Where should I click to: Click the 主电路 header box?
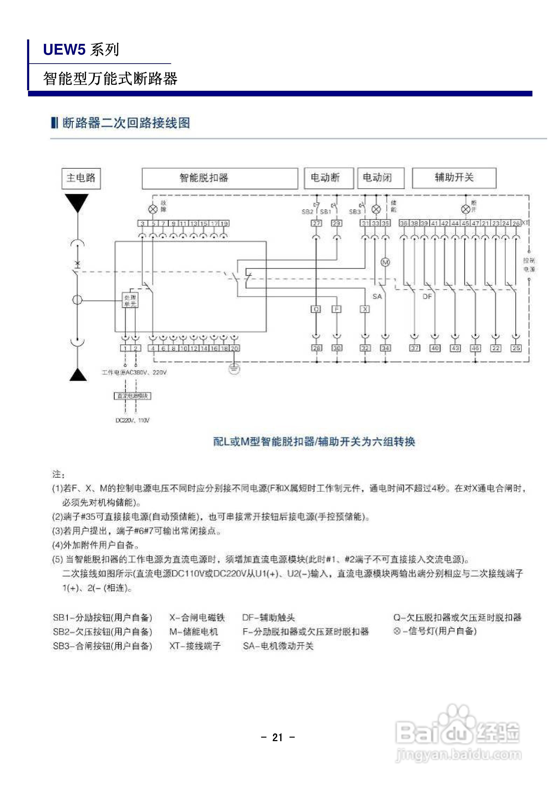point(81,178)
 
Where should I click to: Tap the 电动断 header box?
point(329,178)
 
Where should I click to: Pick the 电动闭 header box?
point(381,178)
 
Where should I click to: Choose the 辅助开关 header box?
point(454,178)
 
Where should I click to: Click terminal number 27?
point(316,223)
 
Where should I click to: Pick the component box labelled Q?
point(316,309)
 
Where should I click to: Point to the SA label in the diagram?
point(377,296)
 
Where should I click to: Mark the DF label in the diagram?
point(427,296)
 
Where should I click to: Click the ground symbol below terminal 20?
point(234,369)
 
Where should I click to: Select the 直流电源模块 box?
point(132,396)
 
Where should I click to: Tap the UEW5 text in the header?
point(64,50)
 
